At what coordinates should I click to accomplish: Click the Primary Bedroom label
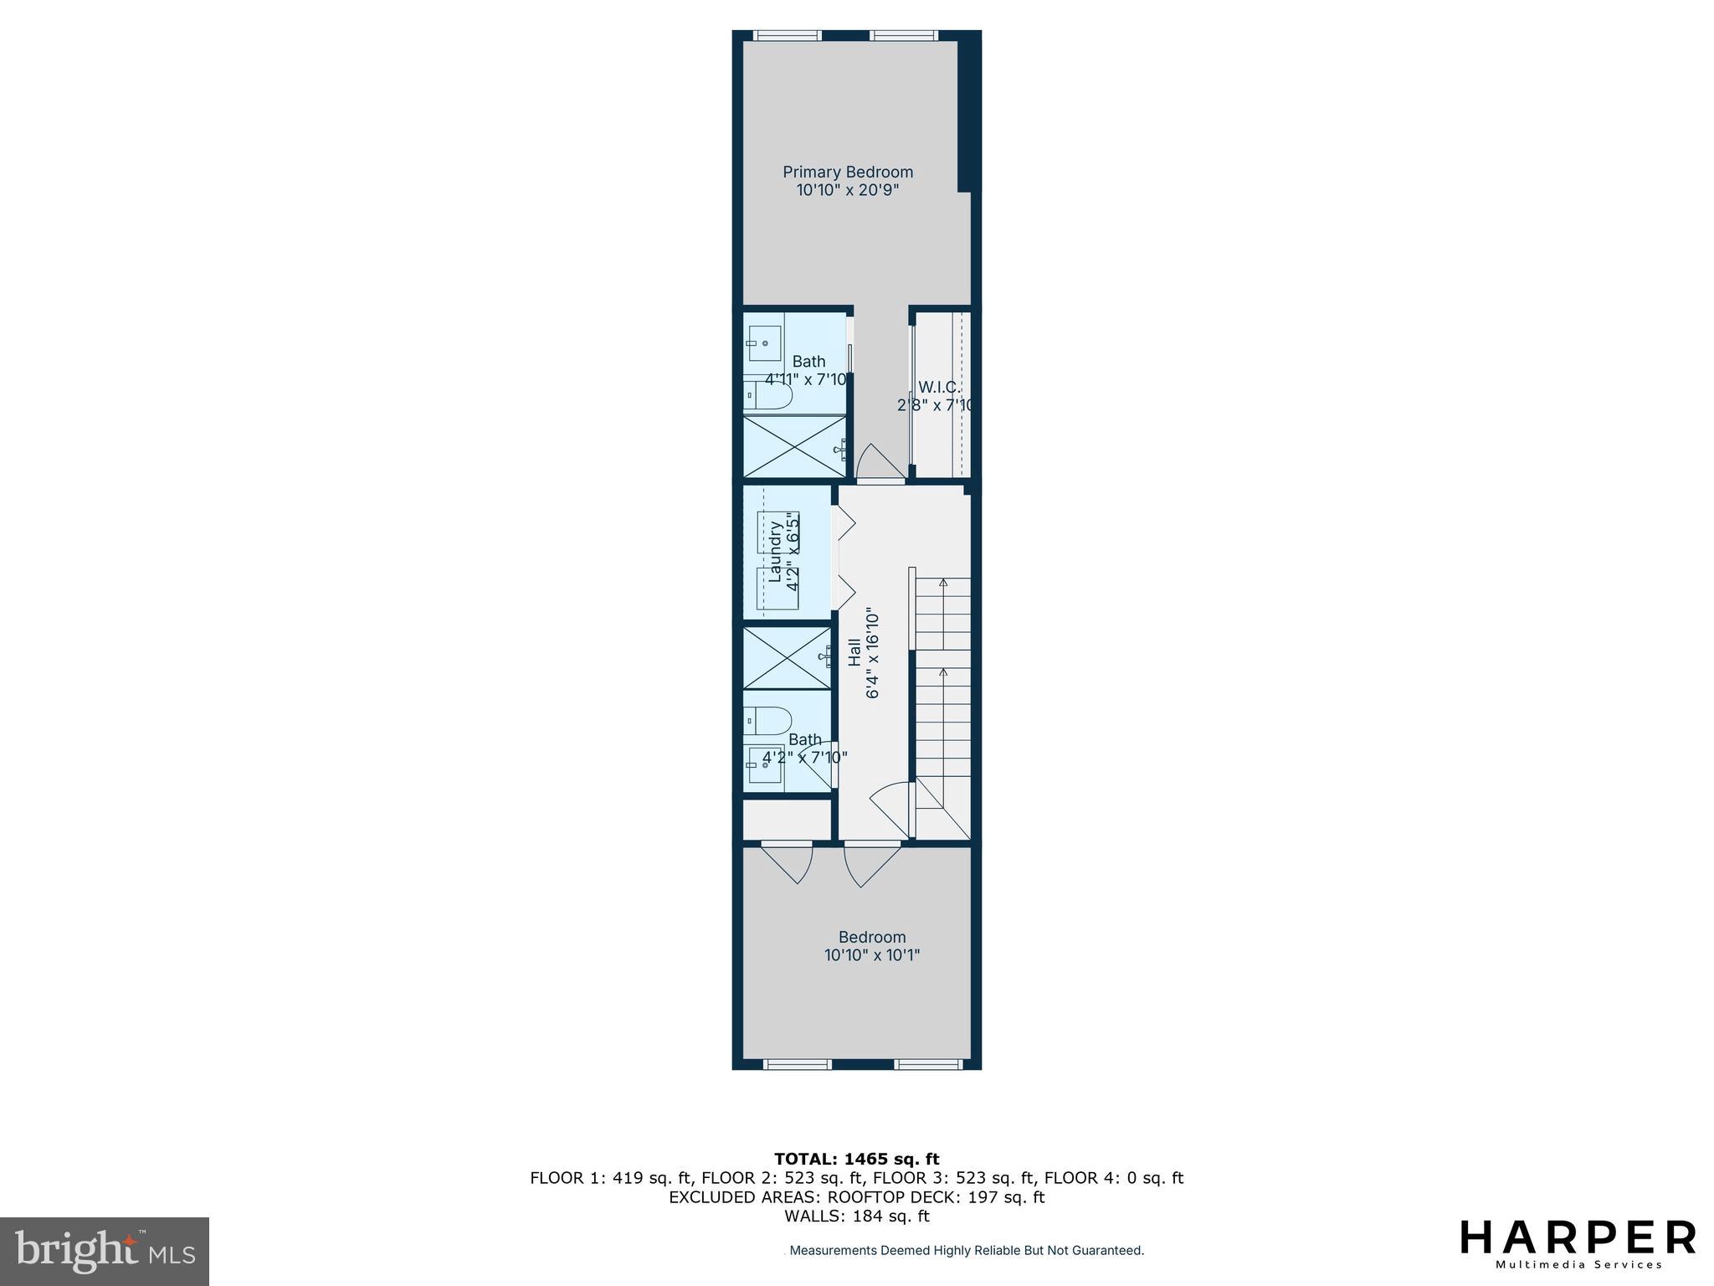pos(848,172)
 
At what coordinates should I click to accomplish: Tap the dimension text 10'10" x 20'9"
pos(848,191)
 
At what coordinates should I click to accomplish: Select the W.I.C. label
pos(939,388)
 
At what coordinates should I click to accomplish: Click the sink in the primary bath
pos(764,343)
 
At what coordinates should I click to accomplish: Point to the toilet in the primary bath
pos(767,394)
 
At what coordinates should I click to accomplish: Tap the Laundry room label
pos(775,553)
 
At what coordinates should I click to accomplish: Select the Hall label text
pos(854,653)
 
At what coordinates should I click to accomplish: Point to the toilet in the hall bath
pos(768,720)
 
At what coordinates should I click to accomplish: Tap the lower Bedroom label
pos(872,937)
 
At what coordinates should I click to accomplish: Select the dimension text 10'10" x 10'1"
pos(872,955)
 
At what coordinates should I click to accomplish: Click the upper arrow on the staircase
pos(943,583)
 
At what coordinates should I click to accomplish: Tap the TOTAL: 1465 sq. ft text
pos(856,1159)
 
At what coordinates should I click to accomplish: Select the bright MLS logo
pos(105,1251)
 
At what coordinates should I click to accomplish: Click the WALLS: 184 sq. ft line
pos(856,1217)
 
